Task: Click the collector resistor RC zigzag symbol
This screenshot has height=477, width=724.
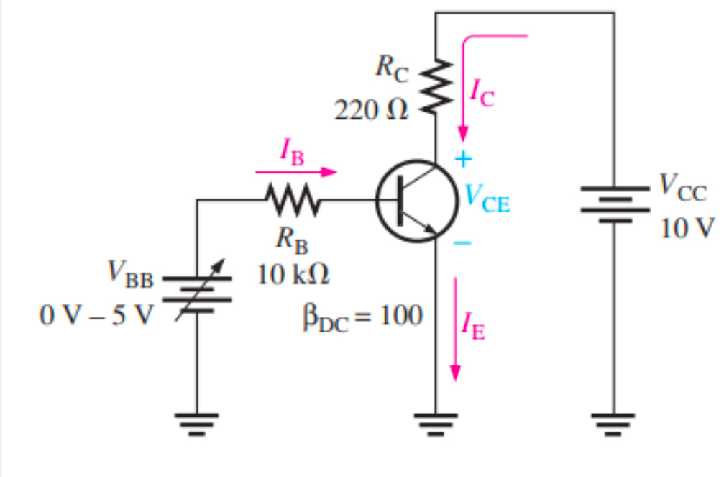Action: click(435, 86)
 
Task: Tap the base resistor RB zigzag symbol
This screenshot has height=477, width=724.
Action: click(290, 201)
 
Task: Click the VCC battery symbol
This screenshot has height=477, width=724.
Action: click(613, 203)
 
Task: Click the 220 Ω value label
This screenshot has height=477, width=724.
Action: click(370, 111)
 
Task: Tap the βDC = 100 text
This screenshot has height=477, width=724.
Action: click(362, 316)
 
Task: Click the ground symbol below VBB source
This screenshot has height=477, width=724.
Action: click(197, 425)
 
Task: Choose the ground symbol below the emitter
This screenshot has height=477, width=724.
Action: click(435, 425)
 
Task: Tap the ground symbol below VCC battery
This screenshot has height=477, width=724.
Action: click(613, 425)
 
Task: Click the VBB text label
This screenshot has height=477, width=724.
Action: click(130, 275)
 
